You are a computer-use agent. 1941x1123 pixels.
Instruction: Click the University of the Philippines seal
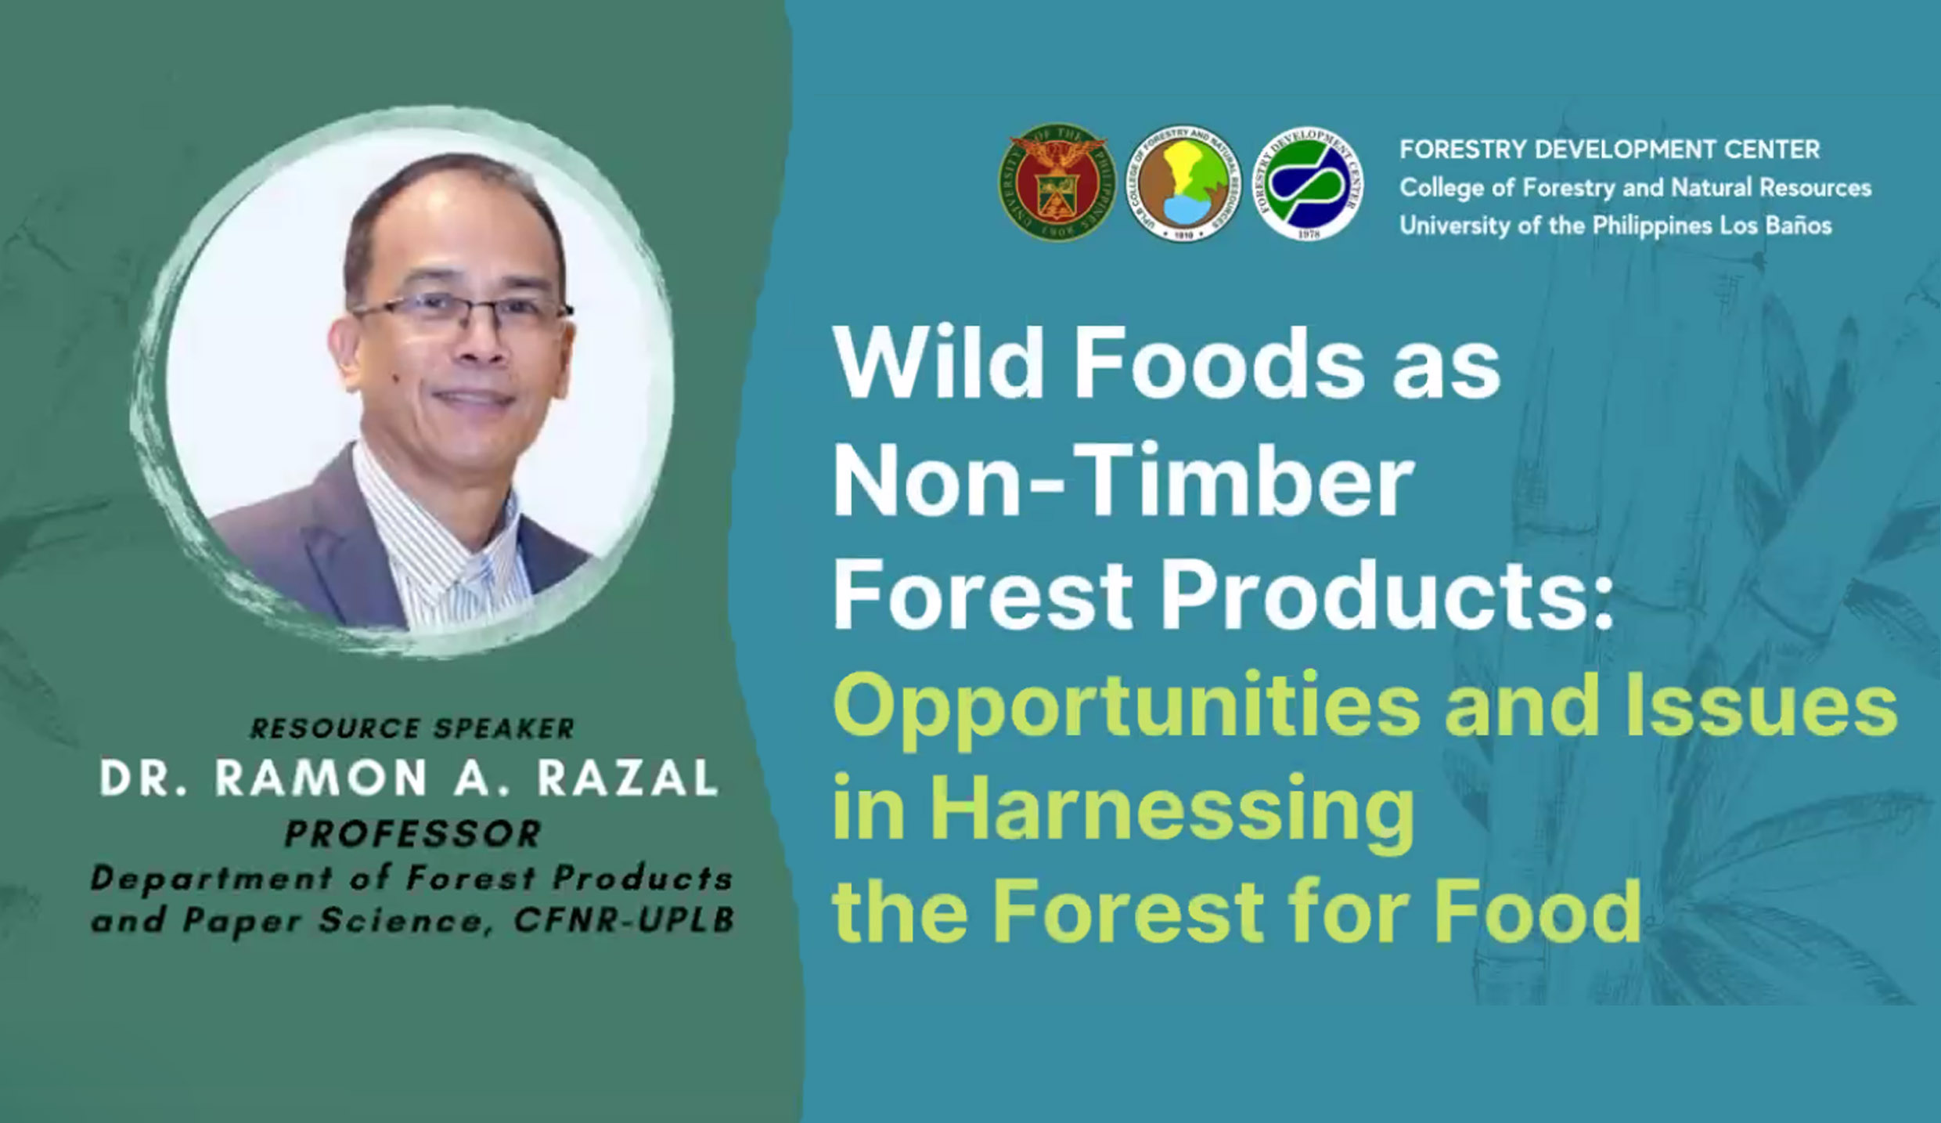coord(1057,182)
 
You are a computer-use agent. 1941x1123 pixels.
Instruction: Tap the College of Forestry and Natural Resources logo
coord(1183,182)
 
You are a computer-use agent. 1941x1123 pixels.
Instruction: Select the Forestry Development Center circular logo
coord(1308,182)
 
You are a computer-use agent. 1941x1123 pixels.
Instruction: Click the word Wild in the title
coord(939,365)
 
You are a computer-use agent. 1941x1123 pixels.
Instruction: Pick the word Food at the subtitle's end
coord(1537,911)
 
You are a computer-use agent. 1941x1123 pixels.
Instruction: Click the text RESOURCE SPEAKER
coord(412,728)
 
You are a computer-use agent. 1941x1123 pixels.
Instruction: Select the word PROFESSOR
coord(413,834)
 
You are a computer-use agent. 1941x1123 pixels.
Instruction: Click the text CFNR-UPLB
coord(625,921)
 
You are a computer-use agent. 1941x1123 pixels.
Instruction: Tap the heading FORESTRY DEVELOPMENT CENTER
coord(1610,149)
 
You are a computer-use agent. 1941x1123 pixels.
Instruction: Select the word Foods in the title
coord(1218,365)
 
